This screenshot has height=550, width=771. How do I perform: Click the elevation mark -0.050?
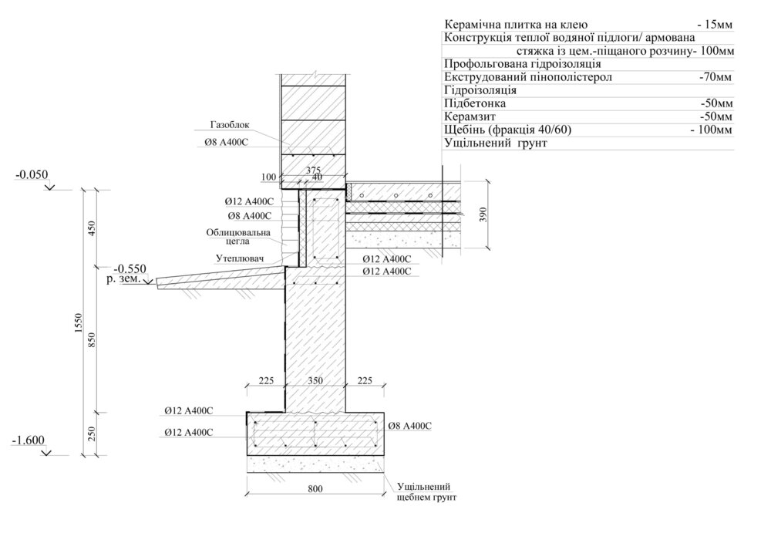(x=32, y=174)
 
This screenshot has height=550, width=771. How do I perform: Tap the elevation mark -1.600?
(x=28, y=440)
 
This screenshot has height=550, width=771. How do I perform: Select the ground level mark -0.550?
(x=130, y=269)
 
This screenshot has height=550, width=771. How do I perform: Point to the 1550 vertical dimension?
(x=78, y=323)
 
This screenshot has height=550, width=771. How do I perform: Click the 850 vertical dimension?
(x=92, y=342)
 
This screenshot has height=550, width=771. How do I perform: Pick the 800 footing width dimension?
(x=315, y=488)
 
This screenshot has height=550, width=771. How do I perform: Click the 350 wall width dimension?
(x=315, y=381)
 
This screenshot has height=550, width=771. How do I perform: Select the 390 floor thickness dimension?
(x=483, y=214)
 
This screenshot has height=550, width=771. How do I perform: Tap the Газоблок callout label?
(x=230, y=125)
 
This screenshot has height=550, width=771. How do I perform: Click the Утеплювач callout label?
(x=240, y=258)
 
